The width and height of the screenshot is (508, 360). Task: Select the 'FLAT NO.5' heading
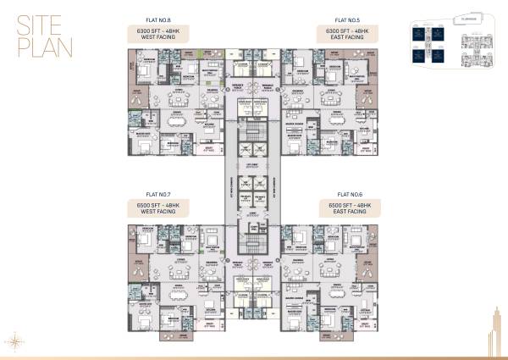[x=348, y=19]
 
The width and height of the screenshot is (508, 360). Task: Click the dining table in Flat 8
[x=180, y=120]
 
